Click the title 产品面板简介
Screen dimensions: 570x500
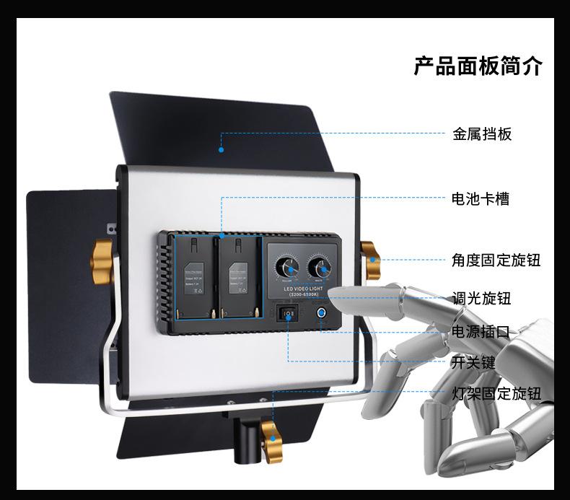478,66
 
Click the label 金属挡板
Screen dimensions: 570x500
482,133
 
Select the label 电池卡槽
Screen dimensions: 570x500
480,198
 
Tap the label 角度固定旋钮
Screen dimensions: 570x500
496,260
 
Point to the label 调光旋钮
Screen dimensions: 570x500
481,299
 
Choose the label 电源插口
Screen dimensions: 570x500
481,332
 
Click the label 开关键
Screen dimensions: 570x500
473,362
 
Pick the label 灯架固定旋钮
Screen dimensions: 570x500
496,393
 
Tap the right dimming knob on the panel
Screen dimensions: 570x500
320,267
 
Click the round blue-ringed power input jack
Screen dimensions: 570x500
320,314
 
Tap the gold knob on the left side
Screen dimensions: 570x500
103,255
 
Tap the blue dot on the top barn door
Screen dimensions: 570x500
222,150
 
